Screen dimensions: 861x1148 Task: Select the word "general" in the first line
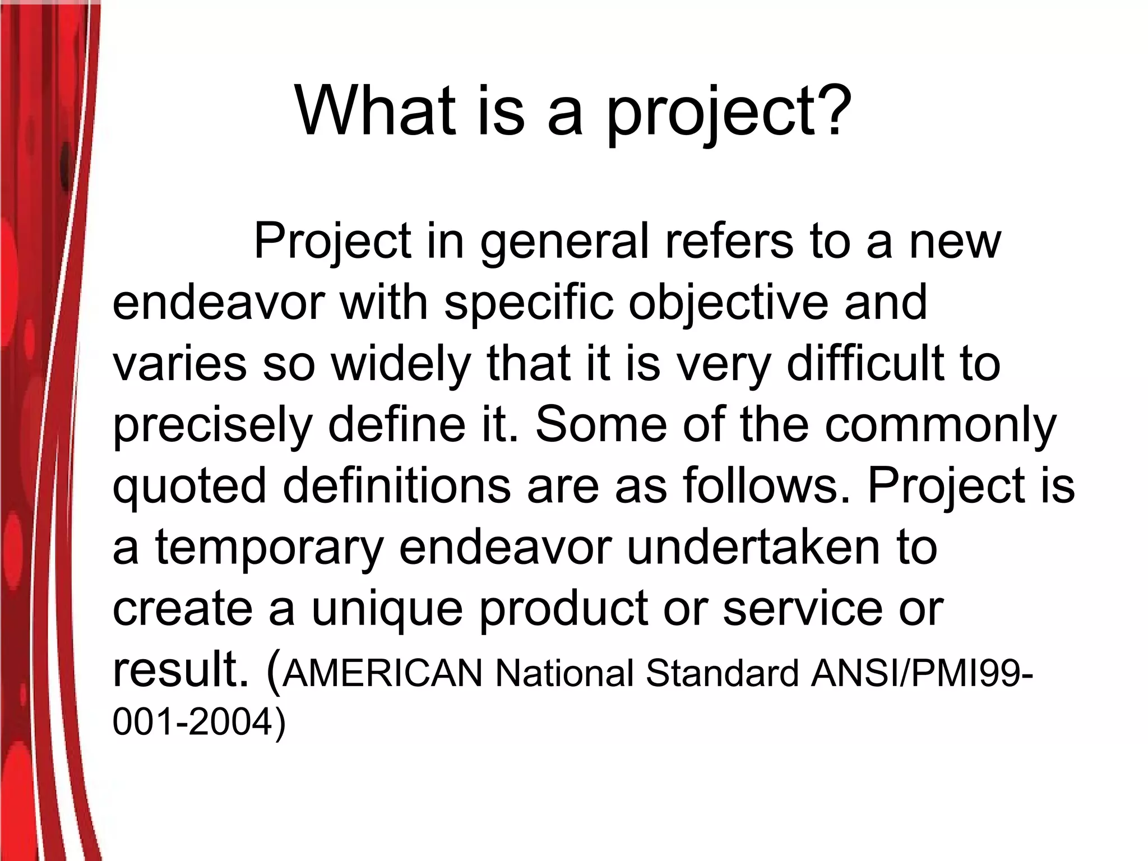point(564,242)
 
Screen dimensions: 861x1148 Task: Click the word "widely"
point(400,364)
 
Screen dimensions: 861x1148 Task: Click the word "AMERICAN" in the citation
point(382,673)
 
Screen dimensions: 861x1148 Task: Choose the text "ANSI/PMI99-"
point(922,673)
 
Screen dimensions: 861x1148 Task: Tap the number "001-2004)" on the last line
point(199,723)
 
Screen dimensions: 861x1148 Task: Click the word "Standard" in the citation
point(722,673)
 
